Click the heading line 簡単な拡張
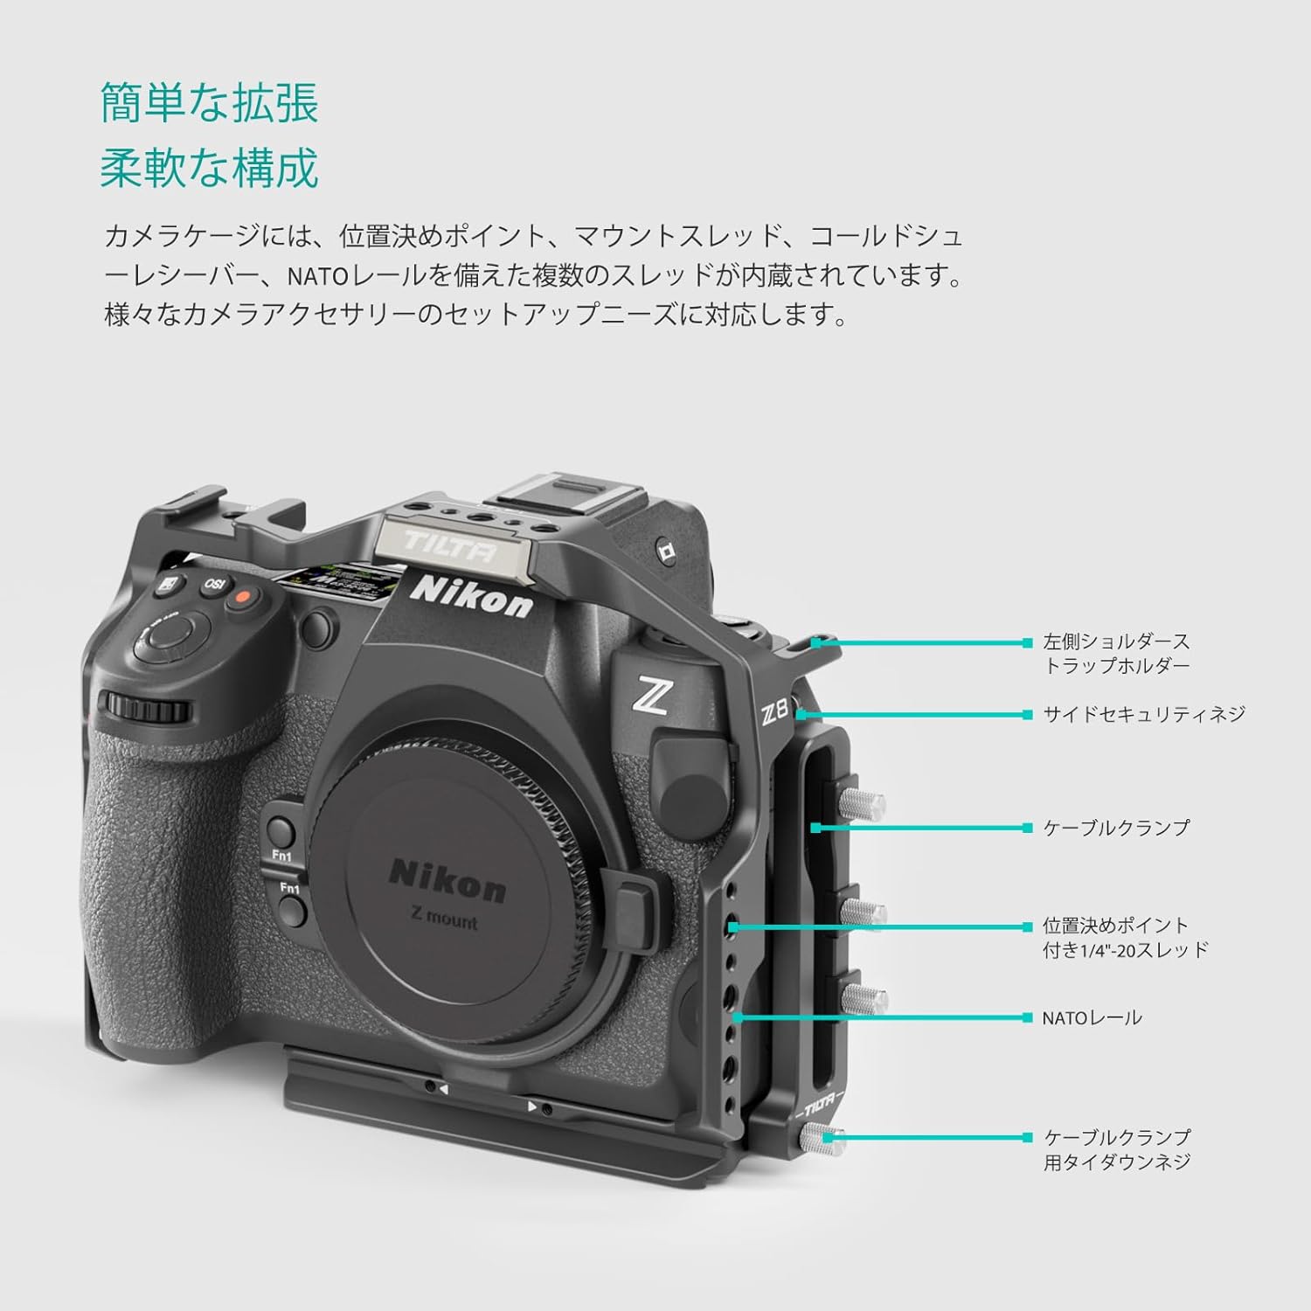point(210,103)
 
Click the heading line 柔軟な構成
point(210,167)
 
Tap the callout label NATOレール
point(1092,1017)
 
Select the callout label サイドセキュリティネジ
point(1144,714)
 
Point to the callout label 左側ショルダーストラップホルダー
point(1116,654)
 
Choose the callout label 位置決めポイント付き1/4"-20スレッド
point(1125,937)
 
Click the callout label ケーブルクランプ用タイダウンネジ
point(1117,1149)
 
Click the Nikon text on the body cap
point(447,879)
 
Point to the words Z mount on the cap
point(444,918)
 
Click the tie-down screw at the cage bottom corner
point(822,1139)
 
